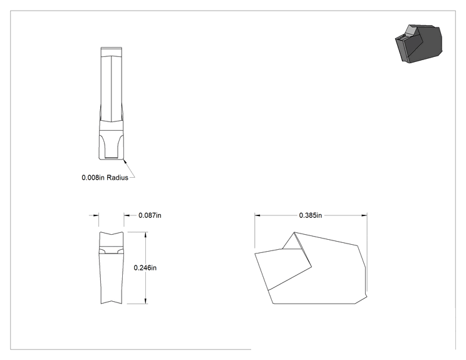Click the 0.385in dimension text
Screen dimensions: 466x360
coord(310,215)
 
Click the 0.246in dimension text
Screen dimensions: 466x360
coord(145,267)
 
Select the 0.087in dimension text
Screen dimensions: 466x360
coord(150,215)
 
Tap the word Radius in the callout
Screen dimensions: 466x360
coord(117,178)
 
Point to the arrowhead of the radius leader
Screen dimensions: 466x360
coord(125,161)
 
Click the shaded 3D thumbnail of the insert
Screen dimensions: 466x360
coord(418,44)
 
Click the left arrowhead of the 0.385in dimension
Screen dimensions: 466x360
coord(257,215)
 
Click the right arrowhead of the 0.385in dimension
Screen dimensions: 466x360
coord(364,215)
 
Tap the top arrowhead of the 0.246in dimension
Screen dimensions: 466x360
coord(145,235)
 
